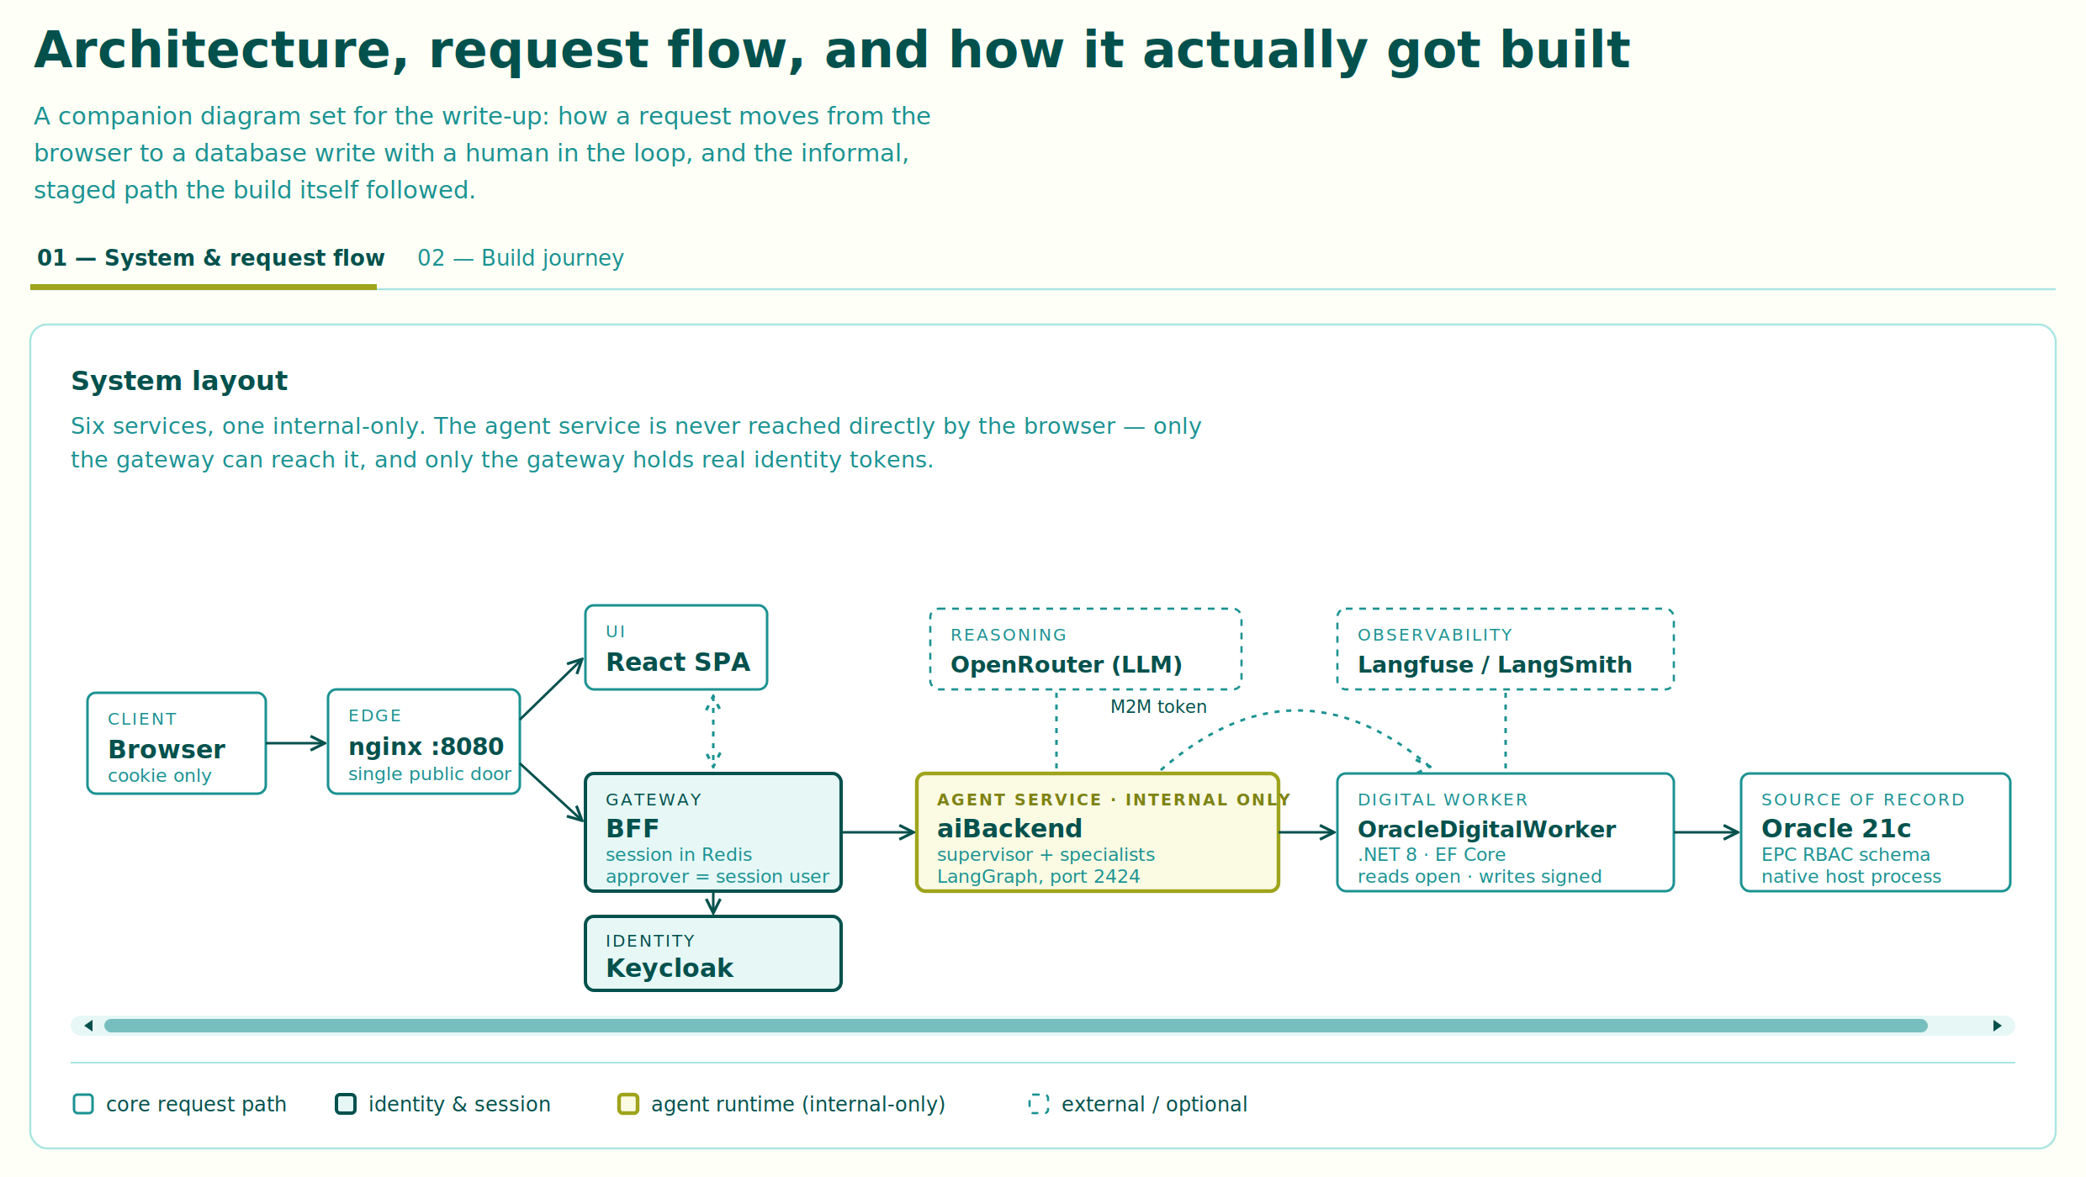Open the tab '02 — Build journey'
pos(521,258)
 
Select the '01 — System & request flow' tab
pos(210,258)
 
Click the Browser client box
pos(177,743)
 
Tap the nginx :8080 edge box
pos(424,742)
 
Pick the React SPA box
pos(676,647)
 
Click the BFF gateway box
pos(713,832)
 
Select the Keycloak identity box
pos(713,953)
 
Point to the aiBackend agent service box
pos(1098,832)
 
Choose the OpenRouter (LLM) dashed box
pos(1086,649)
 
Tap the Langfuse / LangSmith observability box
pos(1506,649)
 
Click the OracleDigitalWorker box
pos(1506,832)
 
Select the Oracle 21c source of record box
pos(1876,832)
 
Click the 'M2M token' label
pos(1158,707)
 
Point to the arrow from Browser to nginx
pos(297,743)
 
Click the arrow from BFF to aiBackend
pos(879,832)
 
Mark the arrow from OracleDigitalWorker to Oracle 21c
pos(1707,832)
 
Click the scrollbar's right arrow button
pos(1997,1026)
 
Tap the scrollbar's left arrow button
pos(89,1026)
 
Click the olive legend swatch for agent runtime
pos(628,1104)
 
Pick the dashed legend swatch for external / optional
pos(1039,1104)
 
